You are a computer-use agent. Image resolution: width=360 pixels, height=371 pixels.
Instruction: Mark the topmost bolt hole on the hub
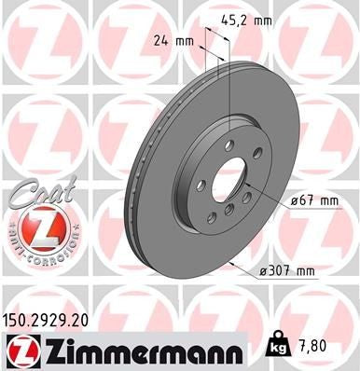(x=228, y=143)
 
